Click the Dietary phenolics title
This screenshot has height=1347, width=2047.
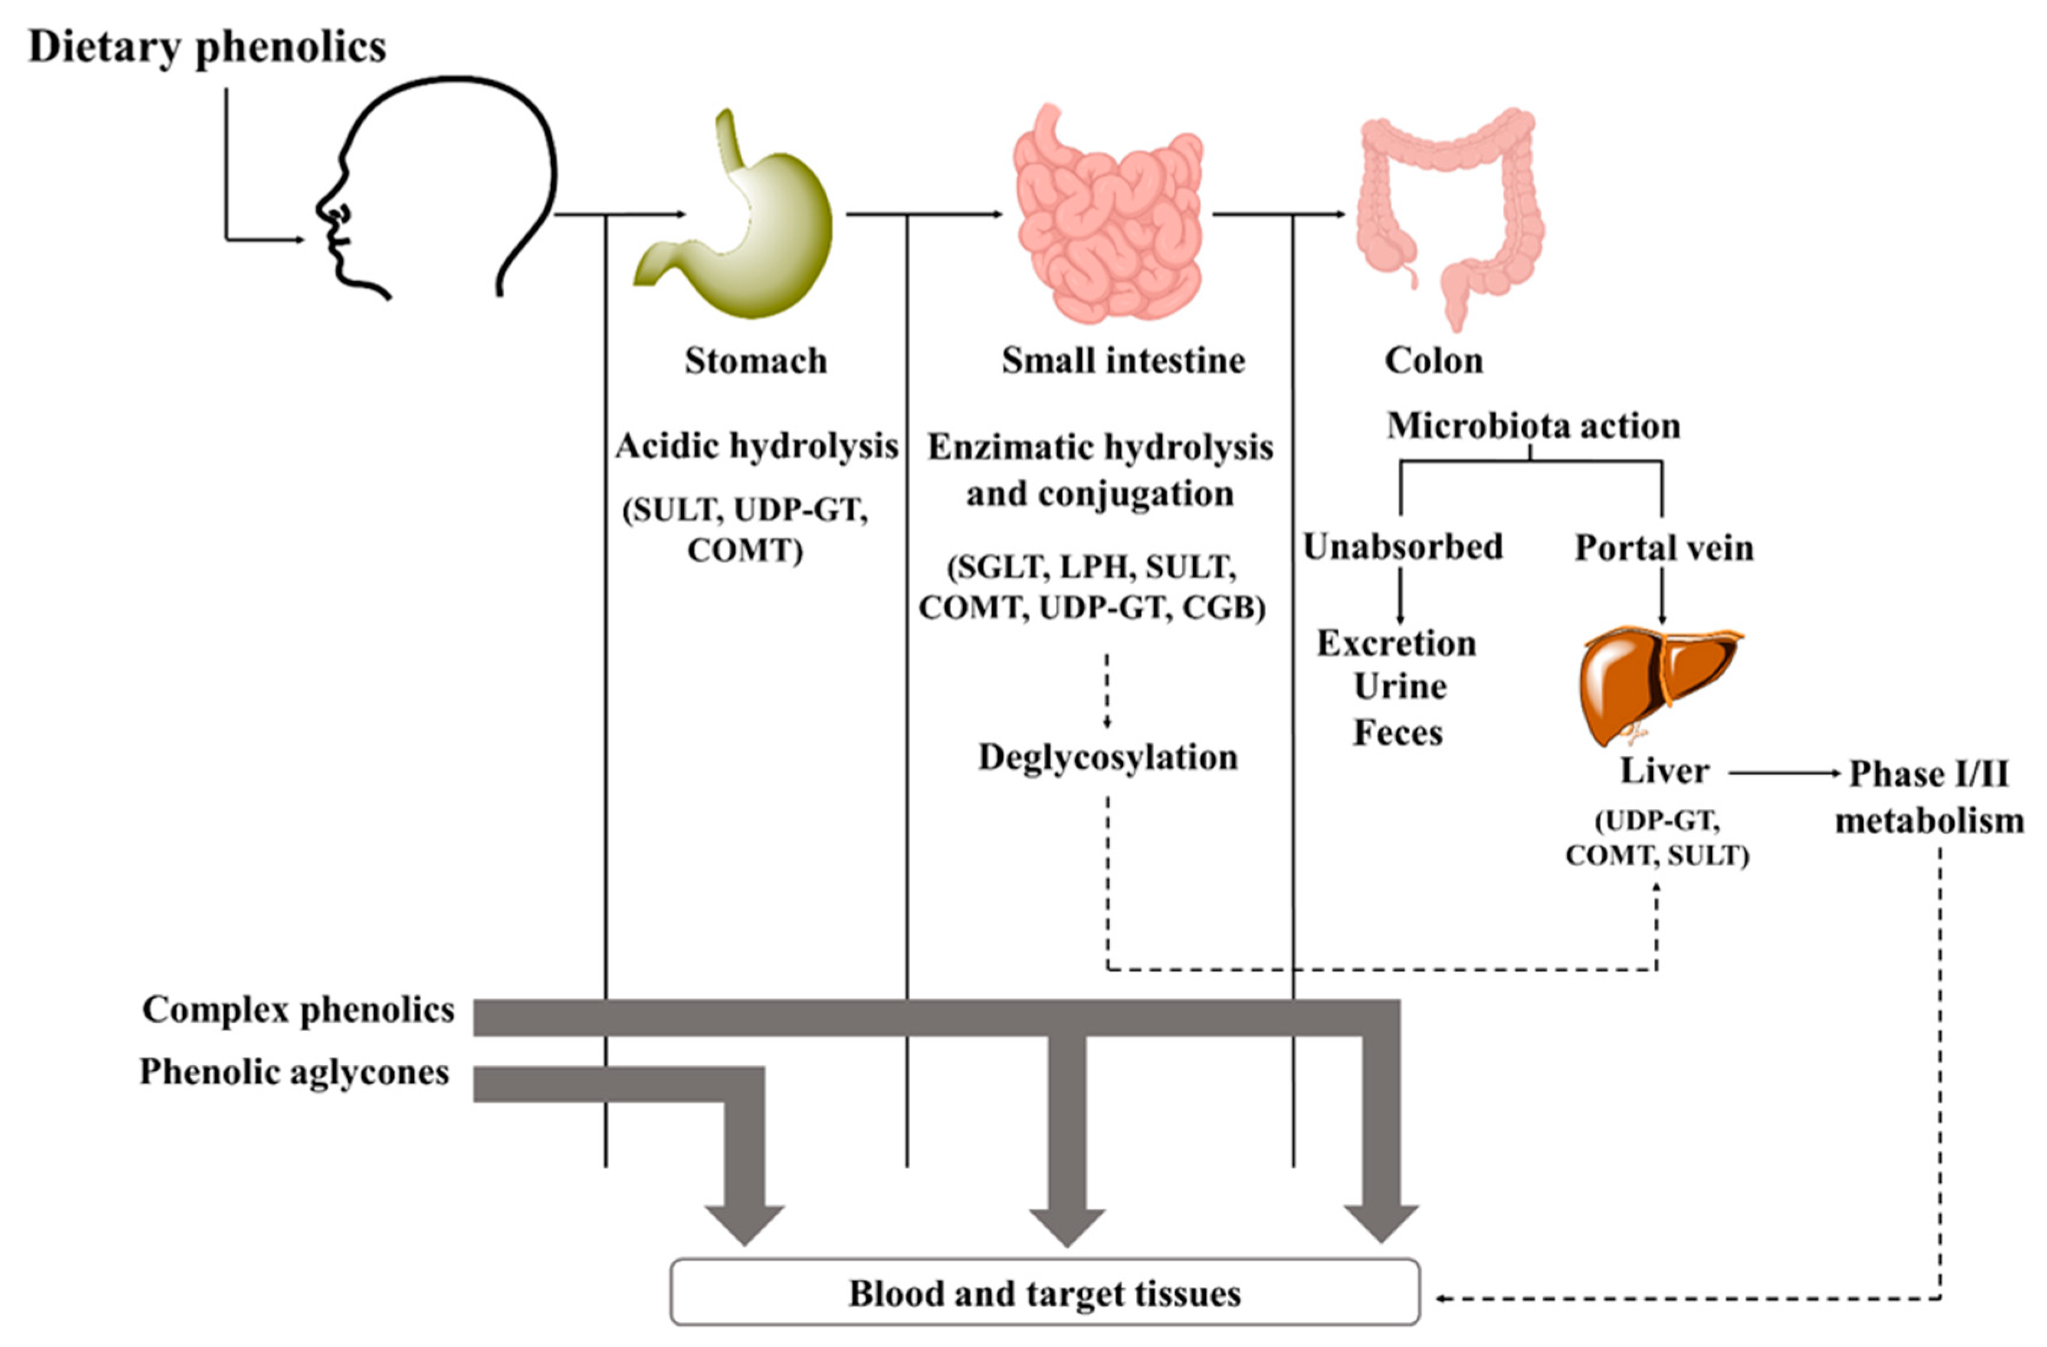(206, 47)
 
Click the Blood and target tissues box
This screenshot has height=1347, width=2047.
(1044, 1293)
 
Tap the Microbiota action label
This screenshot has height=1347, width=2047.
(1533, 426)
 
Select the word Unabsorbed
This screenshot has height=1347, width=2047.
(1403, 546)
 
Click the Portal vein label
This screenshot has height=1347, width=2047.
(1664, 548)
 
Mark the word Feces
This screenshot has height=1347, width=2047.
(1398, 732)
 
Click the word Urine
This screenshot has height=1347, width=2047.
(1399, 687)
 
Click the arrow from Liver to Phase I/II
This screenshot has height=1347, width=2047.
(1784, 773)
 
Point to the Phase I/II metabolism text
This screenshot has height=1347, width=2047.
(1929, 797)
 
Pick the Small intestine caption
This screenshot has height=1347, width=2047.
(1123, 361)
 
